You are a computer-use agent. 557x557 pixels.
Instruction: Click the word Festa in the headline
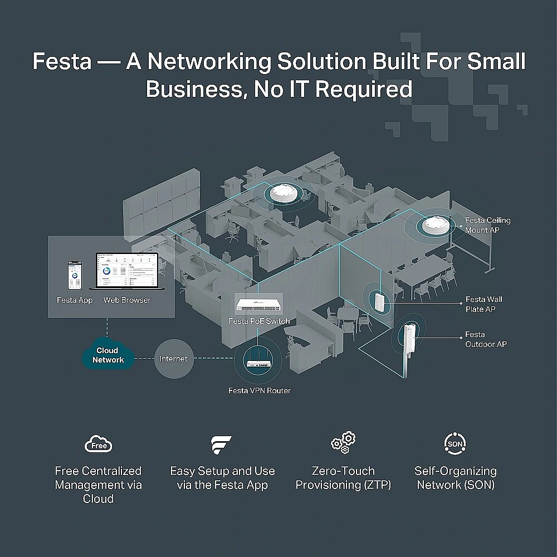(62, 61)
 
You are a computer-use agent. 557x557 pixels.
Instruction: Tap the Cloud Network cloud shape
(108, 354)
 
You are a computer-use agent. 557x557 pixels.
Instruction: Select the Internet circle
(174, 359)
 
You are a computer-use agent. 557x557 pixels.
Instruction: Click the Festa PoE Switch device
(260, 305)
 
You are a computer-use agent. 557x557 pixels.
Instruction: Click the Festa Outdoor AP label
(486, 339)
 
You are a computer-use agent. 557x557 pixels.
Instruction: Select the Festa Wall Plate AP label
(484, 304)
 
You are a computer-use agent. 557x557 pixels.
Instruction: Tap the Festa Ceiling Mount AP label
(487, 225)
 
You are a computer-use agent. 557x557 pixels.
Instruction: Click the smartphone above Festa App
(75, 275)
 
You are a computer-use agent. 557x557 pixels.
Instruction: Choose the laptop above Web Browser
(127, 271)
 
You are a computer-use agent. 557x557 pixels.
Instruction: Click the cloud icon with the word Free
(98, 444)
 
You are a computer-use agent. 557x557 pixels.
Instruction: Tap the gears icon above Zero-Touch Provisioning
(343, 442)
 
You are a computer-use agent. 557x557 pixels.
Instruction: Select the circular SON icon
(455, 443)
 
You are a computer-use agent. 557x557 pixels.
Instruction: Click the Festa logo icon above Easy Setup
(221, 444)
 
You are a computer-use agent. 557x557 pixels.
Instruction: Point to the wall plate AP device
(379, 302)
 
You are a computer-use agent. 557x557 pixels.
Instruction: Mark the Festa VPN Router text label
(260, 391)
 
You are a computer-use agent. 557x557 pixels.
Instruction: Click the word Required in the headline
(364, 89)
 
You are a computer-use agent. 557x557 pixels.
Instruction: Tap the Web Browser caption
(127, 300)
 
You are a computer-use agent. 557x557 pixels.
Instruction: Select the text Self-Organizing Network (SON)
(456, 478)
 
